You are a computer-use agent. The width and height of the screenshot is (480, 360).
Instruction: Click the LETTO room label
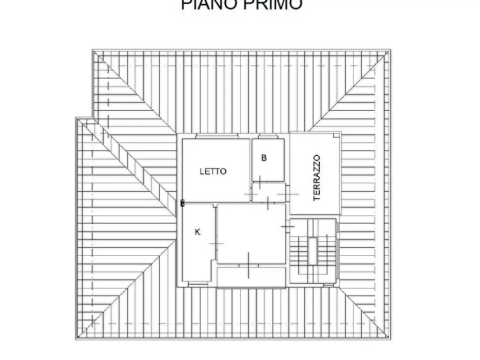click(213, 171)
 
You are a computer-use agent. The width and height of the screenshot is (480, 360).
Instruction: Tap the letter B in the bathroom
click(264, 158)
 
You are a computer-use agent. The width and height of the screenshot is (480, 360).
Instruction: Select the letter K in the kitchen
click(198, 232)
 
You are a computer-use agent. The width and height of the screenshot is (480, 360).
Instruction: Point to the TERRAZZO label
click(317, 178)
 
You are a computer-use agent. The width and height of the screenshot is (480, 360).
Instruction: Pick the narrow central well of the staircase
click(312, 251)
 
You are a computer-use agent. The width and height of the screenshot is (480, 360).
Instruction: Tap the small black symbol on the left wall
click(183, 203)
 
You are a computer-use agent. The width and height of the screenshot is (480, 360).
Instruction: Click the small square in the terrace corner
click(336, 136)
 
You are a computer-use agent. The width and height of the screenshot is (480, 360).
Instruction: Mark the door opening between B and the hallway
click(260, 183)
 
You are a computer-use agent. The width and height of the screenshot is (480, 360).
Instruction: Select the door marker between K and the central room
click(216, 244)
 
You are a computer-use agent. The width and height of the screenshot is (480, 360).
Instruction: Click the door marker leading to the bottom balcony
click(248, 265)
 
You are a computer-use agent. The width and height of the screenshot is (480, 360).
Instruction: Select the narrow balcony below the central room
click(250, 276)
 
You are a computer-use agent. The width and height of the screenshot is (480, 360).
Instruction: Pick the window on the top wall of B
click(267, 136)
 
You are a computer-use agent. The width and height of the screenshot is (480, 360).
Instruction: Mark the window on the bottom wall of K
click(197, 283)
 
